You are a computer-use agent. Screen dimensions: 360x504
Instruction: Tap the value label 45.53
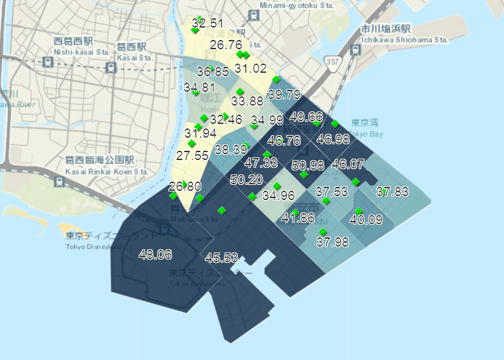pyautogui.click(x=221, y=258)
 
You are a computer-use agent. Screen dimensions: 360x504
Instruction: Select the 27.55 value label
pyautogui.click(x=192, y=156)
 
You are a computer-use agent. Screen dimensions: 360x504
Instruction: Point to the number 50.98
pyautogui.click(x=308, y=165)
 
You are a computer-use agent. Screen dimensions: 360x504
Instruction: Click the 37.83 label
pyautogui.click(x=392, y=191)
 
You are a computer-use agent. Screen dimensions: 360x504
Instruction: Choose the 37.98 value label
pyautogui.click(x=332, y=242)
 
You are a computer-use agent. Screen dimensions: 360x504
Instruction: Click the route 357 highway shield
pyautogui.click(x=334, y=62)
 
